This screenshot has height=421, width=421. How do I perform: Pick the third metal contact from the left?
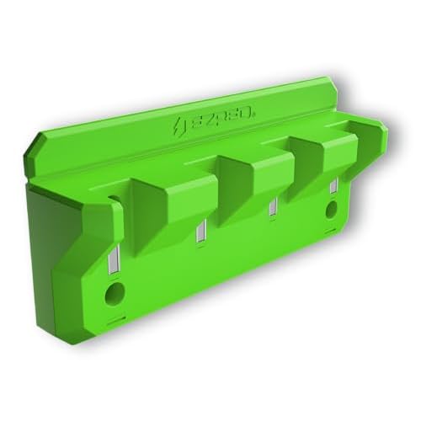pyautogui.click(x=272, y=211)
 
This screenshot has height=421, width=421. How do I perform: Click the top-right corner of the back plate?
pyautogui.click(x=330, y=81)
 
